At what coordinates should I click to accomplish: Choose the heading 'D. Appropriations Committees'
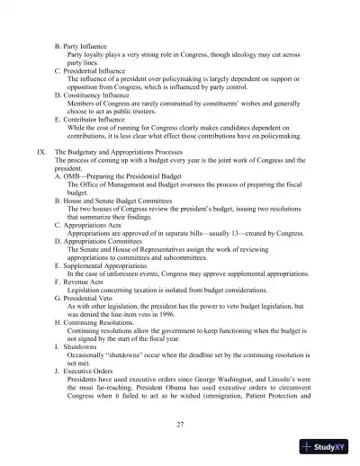point(104,245)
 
